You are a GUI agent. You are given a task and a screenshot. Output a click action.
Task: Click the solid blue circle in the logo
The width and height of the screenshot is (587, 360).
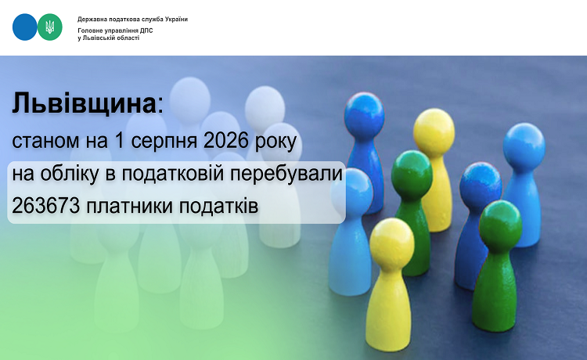[25, 27]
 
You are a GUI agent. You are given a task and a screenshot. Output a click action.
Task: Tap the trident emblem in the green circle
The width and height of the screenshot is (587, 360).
[50, 27]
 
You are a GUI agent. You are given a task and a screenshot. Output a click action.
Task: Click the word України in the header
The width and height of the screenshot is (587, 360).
[176, 19]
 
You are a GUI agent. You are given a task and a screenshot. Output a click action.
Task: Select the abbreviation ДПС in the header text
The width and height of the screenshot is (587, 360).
[146, 31]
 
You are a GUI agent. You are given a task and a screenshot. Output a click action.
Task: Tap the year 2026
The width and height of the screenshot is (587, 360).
[226, 141]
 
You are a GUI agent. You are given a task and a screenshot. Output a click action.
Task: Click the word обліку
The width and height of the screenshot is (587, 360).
[70, 174]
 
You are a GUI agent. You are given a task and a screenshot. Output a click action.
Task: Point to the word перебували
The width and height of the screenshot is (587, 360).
[286, 175]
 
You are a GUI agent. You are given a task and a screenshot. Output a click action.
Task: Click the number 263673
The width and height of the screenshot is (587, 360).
[45, 206]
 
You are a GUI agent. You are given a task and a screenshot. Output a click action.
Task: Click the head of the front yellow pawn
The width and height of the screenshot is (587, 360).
[392, 241]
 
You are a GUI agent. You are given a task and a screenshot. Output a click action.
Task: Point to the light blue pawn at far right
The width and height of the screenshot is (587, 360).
[524, 184]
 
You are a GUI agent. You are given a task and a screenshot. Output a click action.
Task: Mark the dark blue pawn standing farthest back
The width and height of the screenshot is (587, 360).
[364, 149]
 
